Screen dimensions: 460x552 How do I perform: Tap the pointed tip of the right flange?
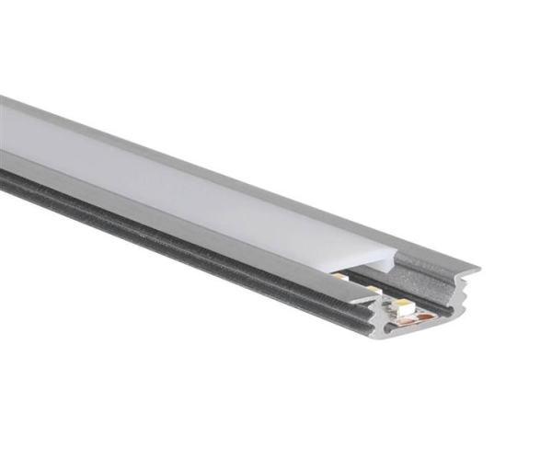(x=477, y=269)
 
